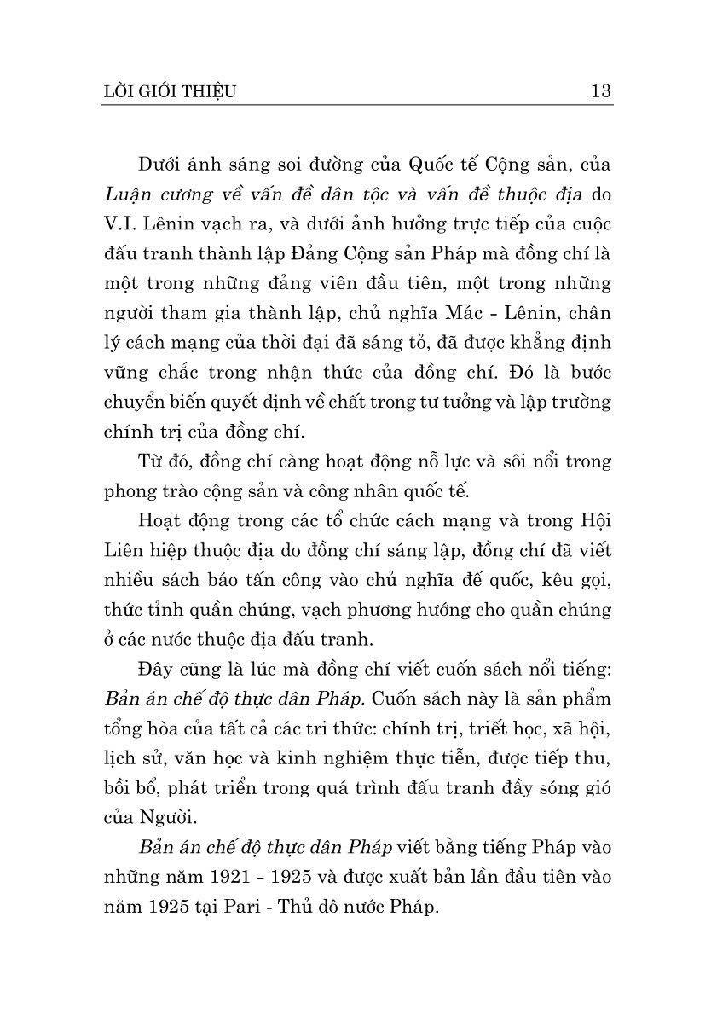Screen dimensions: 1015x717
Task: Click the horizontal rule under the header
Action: [358, 106]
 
